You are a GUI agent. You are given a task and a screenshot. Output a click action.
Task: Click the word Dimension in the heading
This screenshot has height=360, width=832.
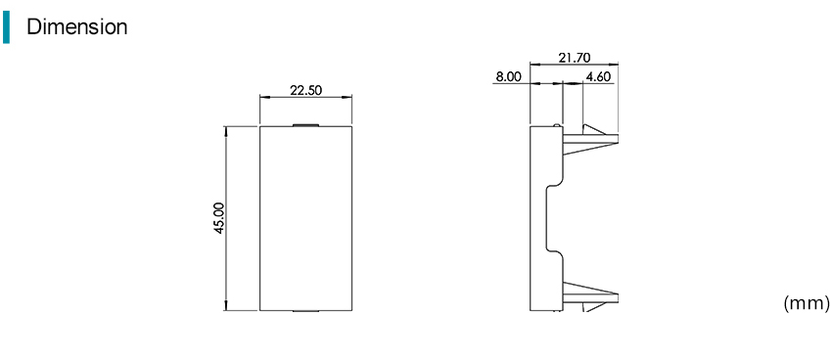pos(77,26)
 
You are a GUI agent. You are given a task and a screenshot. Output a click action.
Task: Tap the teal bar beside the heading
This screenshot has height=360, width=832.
pos(6,27)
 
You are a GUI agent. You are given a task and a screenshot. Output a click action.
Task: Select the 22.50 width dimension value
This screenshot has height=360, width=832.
pos(305,90)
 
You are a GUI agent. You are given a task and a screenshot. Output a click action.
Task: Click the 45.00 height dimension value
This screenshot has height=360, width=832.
pos(219,217)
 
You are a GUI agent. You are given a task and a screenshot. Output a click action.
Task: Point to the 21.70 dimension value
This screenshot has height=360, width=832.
pos(575,58)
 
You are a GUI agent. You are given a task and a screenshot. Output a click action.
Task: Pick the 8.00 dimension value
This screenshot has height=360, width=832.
pos(508,77)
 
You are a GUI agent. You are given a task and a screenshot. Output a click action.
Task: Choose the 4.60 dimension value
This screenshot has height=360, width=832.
pos(598,77)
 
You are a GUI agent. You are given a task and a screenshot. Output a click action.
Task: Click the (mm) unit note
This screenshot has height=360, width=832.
pos(806,303)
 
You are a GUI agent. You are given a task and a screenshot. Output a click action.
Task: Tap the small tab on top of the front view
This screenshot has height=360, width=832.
pos(305,125)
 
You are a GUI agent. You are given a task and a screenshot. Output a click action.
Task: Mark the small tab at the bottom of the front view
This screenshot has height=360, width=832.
pos(305,311)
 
